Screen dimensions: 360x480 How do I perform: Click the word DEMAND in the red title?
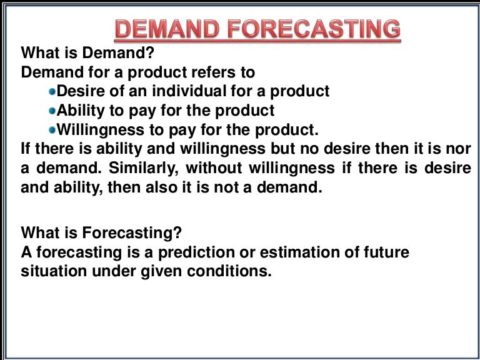tap(164, 29)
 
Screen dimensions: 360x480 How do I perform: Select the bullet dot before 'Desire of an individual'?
tap(52, 92)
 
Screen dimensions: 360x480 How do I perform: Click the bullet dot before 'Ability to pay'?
tap(52, 111)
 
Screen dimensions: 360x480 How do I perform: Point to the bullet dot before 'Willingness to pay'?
tap(52, 131)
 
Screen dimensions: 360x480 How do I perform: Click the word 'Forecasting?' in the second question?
tap(132, 233)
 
